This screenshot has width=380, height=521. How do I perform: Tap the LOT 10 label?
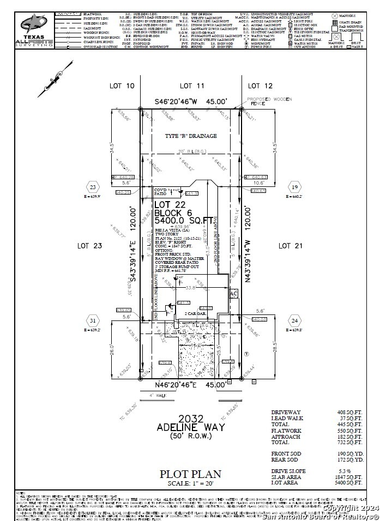point(122,86)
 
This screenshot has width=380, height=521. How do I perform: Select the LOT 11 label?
point(192,86)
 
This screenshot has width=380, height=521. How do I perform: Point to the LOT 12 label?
point(260,86)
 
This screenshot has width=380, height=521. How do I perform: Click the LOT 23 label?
point(91,246)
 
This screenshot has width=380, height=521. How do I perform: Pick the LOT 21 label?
point(292,246)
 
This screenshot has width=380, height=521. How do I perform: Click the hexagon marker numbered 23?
point(93,186)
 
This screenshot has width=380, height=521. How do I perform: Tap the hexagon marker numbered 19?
point(295,187)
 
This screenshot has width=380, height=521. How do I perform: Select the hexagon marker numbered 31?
point(93,320)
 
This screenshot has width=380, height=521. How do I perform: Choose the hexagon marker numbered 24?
point(295,320)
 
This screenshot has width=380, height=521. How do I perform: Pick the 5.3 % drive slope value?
point(352,470)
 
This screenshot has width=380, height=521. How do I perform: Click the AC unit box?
point(234,294)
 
